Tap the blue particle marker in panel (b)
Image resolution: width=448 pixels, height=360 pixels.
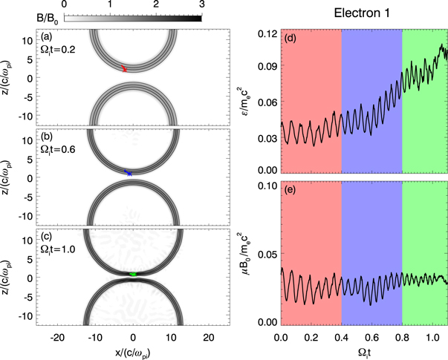pos(129,172)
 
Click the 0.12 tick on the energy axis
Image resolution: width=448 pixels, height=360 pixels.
pos(265,33)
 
